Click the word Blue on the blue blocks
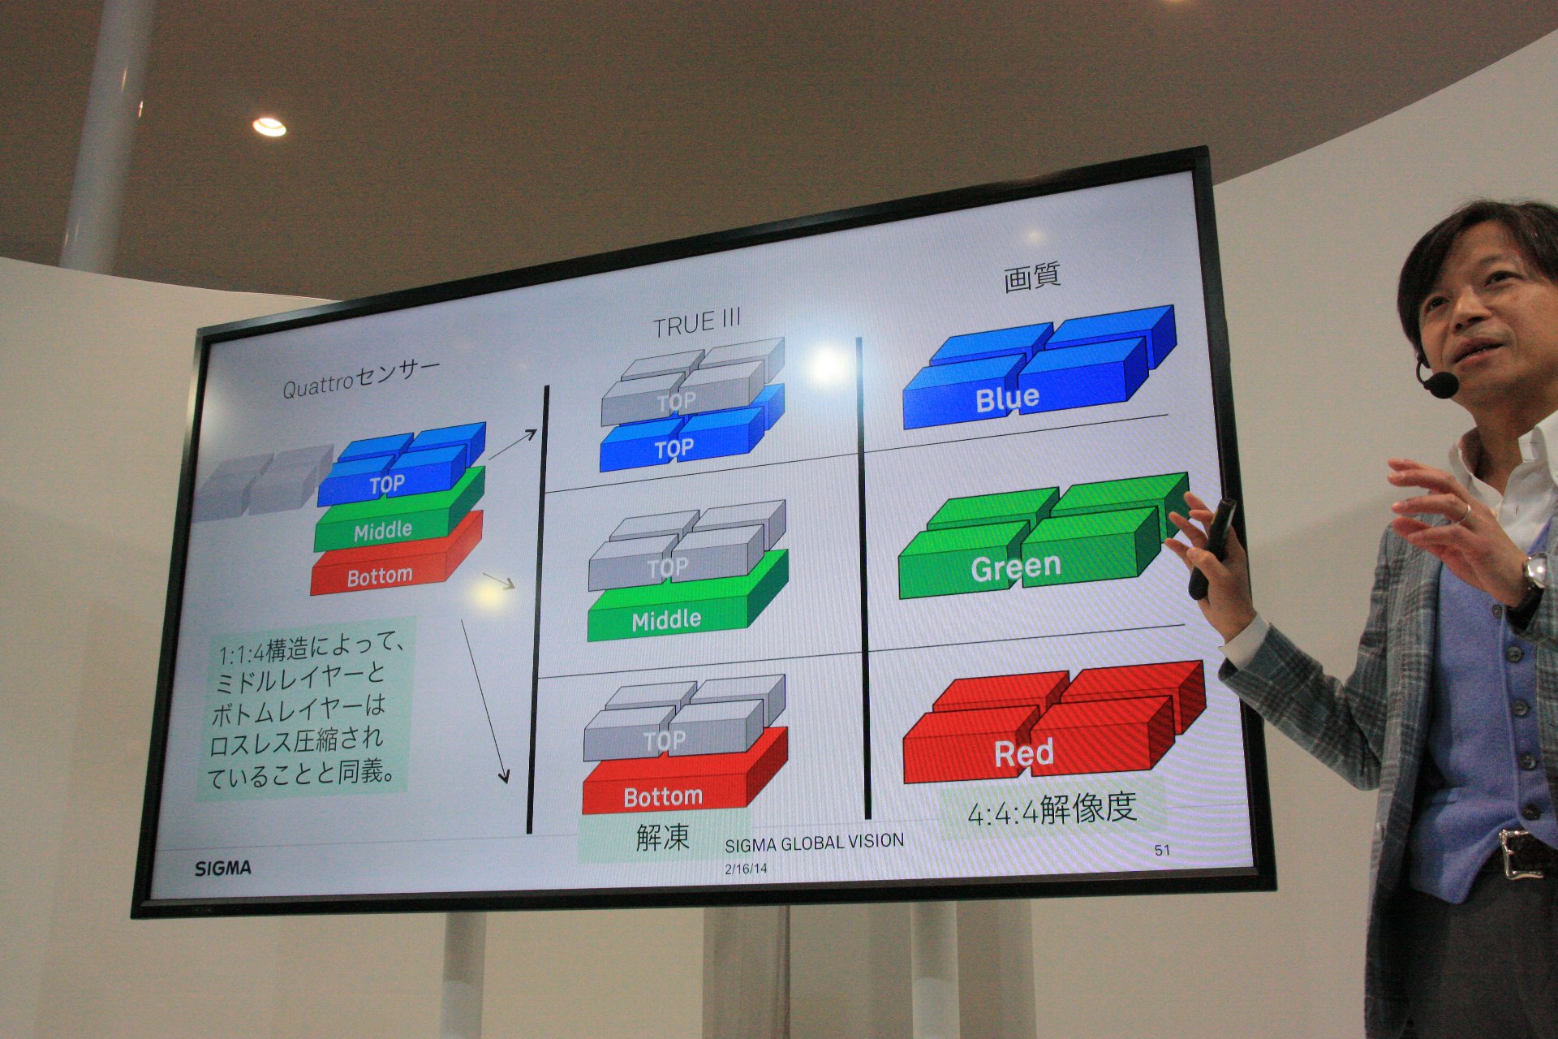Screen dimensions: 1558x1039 pyautogui.click(x=1007, y=399)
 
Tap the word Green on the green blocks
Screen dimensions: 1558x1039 pyautogui.click(x=1016, y=566)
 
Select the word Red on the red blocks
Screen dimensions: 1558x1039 pyautogui.click(x=1024, y=752)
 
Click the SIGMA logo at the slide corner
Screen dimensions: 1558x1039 pyautogui.click(x=223, y=868)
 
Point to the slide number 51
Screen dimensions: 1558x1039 pyautogui.click(x=1162, y=850)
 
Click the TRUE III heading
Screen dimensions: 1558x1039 pyautogui.click(x=697, y=323)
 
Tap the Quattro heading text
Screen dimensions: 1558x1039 pyautogui.click(x=361, y=378)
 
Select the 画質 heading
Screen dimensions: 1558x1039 pyautogui.click(x=1031, y=277)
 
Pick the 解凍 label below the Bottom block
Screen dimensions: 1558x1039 pyautogui.click(x=662, y=836)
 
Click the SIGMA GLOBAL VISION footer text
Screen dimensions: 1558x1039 pyautogui.click(x=814, y=843)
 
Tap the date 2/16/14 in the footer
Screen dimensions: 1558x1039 pyautogui.click(x=746, y=868)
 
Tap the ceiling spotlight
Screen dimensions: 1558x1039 pyautogui.click(x=269, y=127)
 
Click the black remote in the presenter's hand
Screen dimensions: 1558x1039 pyautogui.click(x=1212, y=548)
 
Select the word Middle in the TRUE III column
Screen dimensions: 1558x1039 pyautogui.click(x=666, y=620)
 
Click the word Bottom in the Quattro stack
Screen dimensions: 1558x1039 pyautogui.click(x=380, y=576)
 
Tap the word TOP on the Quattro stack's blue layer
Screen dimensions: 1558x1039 pyautogui.click(x=387, y=485)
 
